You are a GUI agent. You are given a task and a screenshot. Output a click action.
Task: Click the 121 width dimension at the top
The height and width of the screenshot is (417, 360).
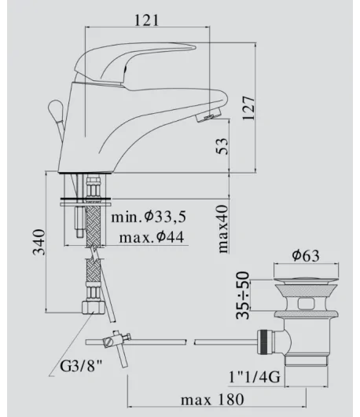[x=147, y=20]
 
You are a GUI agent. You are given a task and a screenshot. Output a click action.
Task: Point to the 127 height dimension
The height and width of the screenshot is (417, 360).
[x=248, y=108]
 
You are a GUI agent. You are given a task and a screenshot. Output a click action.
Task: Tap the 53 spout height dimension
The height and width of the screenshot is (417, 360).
[x=222, y=146]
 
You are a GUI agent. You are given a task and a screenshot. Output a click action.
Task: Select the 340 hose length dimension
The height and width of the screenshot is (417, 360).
[x=39, y=242]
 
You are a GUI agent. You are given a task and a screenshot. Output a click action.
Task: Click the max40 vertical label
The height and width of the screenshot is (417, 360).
[x=223, y=229]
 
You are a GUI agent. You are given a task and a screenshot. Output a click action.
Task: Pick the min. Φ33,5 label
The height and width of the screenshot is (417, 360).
[x=149, y=217]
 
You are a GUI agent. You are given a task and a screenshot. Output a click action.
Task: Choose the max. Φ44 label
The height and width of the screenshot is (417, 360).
[x=152, y=236]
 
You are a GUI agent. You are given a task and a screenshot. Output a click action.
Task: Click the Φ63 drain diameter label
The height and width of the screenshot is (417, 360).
[x=306, y=255]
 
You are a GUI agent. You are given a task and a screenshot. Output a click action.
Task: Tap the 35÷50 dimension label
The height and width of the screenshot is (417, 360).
[x=243, y=295]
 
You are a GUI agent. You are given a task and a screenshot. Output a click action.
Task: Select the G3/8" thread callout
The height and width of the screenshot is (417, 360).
[x=81, y=366]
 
